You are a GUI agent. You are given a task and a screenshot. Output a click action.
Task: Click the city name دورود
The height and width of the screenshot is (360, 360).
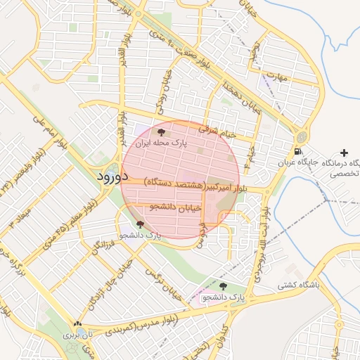113,176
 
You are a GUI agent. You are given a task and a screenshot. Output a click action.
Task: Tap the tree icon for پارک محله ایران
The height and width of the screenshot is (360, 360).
162,131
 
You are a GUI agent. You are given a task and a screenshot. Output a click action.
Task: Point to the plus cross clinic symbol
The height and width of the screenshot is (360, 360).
343,153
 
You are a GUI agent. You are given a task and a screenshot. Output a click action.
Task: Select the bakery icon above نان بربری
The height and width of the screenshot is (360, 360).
77,325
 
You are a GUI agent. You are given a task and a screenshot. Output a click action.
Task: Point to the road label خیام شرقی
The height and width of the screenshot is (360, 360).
218,129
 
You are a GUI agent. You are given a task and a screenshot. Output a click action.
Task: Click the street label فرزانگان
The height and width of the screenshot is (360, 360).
101,244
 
